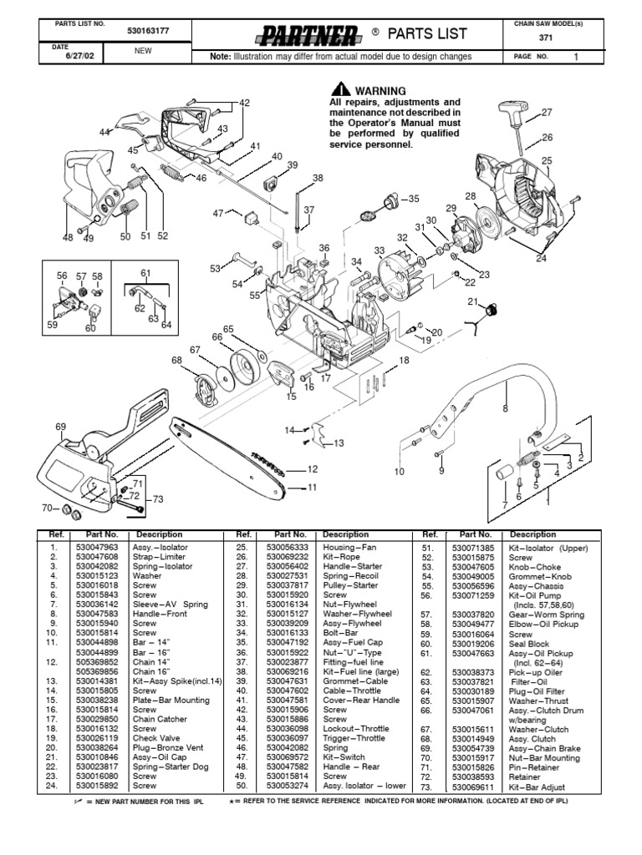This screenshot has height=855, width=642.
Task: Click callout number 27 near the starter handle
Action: pos(547,112)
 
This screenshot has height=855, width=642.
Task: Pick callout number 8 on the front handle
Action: pos(505,408)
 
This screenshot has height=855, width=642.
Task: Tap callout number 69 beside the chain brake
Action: pos(61,427)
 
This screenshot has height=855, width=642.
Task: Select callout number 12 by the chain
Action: pos(313,469)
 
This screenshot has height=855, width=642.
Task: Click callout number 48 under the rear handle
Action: pos(69,237)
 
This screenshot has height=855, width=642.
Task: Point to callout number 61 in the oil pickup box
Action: pos(145,273)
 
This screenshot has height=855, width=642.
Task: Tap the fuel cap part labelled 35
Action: pos(387,201)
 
